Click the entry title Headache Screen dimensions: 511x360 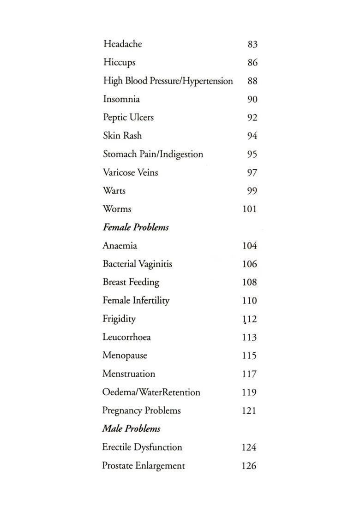[x=122, y=44]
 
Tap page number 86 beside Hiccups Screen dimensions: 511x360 [x=252, y=63]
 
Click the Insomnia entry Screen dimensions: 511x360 [x=121, y=99]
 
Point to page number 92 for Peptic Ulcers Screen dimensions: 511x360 [x=252, y=118]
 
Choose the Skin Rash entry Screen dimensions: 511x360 [x=122, y=136]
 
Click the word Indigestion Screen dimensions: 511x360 [x=181, y=154]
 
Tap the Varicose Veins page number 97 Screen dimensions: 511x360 [x=252, y=172]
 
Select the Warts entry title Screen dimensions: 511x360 [x=114, y=190]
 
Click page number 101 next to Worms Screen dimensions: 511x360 [x=249, y=209]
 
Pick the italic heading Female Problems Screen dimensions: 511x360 [x=135, y=227]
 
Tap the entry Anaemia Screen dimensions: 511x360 [x=120, y=246]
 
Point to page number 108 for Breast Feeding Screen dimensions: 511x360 [x=249, y=282]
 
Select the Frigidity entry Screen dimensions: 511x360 [x=119, y=319]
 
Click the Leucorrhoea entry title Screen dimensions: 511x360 [x=126, y=337]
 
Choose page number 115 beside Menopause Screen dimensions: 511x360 [x=249, y=356]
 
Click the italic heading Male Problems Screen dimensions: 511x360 [x=131, y=429]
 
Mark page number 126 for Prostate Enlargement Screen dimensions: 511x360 [x=249, y=466]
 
